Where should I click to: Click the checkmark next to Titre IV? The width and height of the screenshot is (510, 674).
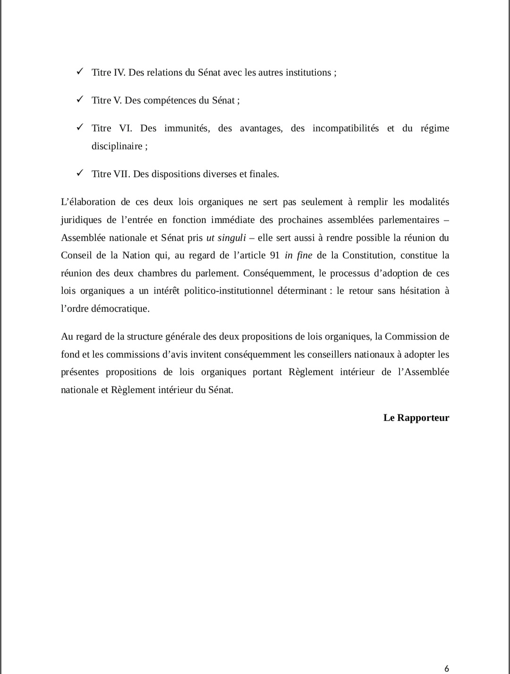tap(80, 71)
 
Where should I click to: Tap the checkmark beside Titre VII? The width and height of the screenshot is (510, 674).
tap(80, 173)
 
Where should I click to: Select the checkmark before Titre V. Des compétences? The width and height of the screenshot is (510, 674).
tap(80, 99)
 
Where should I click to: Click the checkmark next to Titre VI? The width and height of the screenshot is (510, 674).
tap(80, 127)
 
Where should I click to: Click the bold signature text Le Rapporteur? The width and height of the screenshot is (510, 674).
tap(416, 418)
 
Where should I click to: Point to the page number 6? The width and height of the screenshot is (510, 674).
tap(447, 668)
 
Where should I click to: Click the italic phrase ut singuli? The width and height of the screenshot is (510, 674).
tap(226, 238)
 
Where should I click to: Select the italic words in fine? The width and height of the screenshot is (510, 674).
tap(298, 256)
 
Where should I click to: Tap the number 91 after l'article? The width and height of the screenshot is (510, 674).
tap(275, 256)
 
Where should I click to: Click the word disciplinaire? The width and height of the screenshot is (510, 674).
tap(117, 146)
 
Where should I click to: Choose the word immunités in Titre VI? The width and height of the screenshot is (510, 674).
tap(187, 128)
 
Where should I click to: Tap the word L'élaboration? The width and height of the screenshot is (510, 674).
tap(88, 202)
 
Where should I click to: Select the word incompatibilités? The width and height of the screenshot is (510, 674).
tap(345, 128)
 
